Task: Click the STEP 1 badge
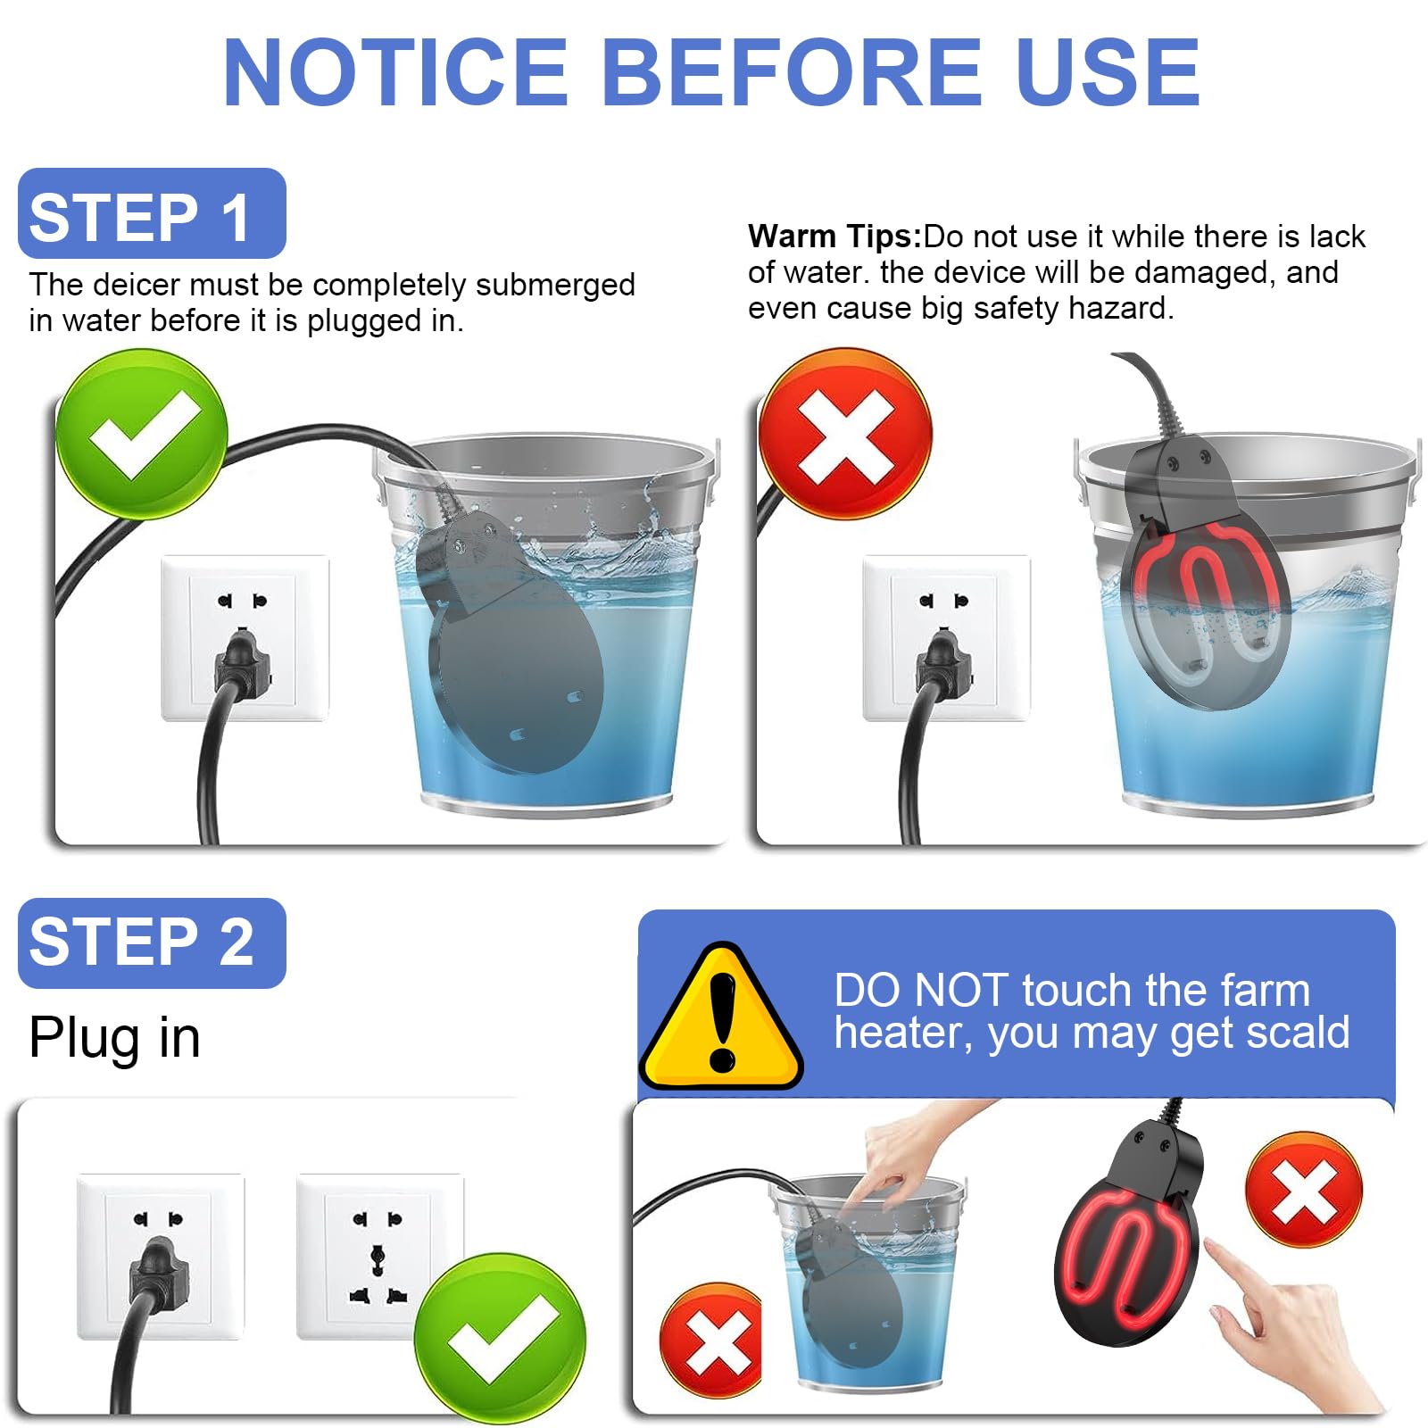click(152, 213)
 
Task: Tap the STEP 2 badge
click(152, 942)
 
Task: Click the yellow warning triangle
click(721, 1021)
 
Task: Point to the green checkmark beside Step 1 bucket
click(142, 435)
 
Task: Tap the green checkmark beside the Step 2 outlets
click(500, 1339)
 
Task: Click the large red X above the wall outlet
click(845, 435)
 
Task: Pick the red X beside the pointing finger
click(1304, 1191)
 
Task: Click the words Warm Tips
click(834, 237)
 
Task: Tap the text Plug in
click(114, 1038)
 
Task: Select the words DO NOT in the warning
click(920, 991)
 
